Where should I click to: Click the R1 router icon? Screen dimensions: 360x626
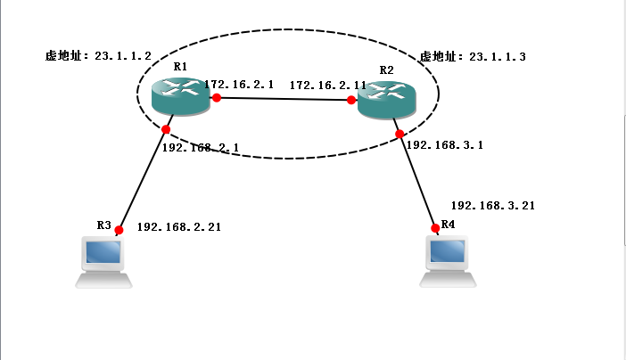pyautogui.click(x=180, y=94)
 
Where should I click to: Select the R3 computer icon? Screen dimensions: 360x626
pyautogui.click(x=103, y=261)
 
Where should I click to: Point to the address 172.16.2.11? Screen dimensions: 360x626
pyautogui.click(x=327, y=85)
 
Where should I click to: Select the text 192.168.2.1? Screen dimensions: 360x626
pyautogui.click(x=200, y=148)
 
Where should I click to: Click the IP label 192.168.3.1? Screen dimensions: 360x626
pyautogui.click(x=444, y=144)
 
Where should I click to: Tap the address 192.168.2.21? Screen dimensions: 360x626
pyautogui.click(x=178, y=227)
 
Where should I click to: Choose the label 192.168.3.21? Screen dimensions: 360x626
pyautogui.click(x=493, y=205)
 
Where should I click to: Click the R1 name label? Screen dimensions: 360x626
pyautogui.click(x=180, y=67)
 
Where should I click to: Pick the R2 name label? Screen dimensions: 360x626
pyautogui.click(x=386, y=70)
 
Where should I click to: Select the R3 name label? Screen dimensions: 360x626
pyautogui.click(x=103, y=225)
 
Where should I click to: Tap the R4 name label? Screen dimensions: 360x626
pyautogui.click(x=448, y=225)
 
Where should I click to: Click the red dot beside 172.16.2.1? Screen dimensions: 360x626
pyautogui.click(x=216, y=97)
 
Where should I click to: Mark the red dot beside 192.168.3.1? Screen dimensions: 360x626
pyautogui.click(x=400, y=135)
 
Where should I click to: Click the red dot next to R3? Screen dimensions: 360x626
pyautogui.click(x=119, y=230)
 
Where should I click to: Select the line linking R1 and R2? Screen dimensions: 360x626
pyautogui.click(x=284, y=99)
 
